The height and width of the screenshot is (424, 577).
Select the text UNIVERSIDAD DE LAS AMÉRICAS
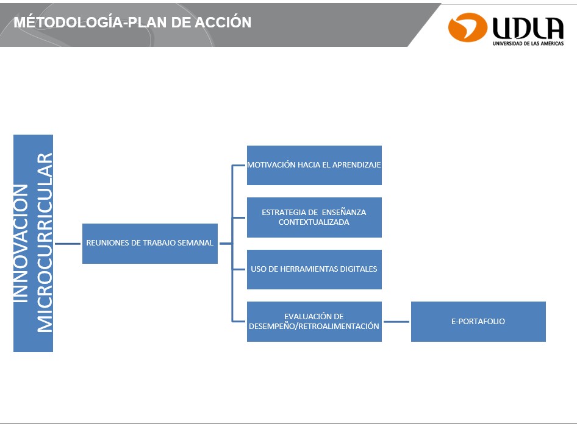tap(528, 43)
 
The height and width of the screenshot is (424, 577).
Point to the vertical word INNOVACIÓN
tap(21, 243)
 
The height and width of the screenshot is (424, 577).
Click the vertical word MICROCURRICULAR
tap(45, 242)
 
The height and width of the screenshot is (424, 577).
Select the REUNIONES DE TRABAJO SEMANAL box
tap(150, 243)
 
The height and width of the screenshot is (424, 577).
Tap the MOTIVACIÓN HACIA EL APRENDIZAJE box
tap(314, 165)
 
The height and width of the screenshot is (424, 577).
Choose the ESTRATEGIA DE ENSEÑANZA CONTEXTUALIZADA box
tap(314, 217)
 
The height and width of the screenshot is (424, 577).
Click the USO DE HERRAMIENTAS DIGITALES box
tap(314, 269)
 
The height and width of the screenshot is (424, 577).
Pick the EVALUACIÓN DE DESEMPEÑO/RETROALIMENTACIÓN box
tap(314, 322)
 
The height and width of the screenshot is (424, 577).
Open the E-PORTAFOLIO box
tap(478, 322)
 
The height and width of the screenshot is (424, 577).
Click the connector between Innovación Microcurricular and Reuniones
tap(68, 244)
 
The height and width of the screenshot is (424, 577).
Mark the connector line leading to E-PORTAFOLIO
tap(396, 322)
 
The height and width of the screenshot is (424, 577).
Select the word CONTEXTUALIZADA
tap(314, 222)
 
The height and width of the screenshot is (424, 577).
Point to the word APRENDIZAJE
tap(356, 165)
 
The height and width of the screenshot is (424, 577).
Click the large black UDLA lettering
tap(528, 28)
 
